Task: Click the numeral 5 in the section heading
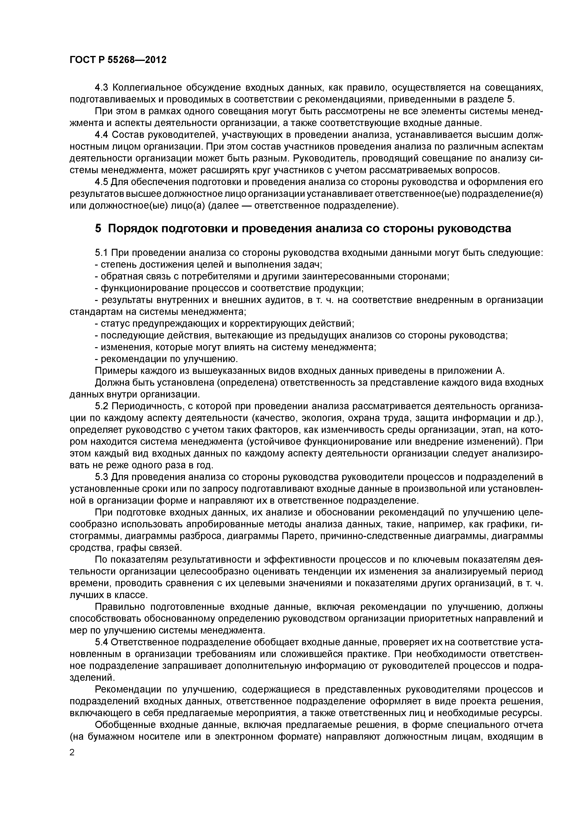[x=98, y=229]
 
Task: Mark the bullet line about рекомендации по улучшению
[x=166, y=359]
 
